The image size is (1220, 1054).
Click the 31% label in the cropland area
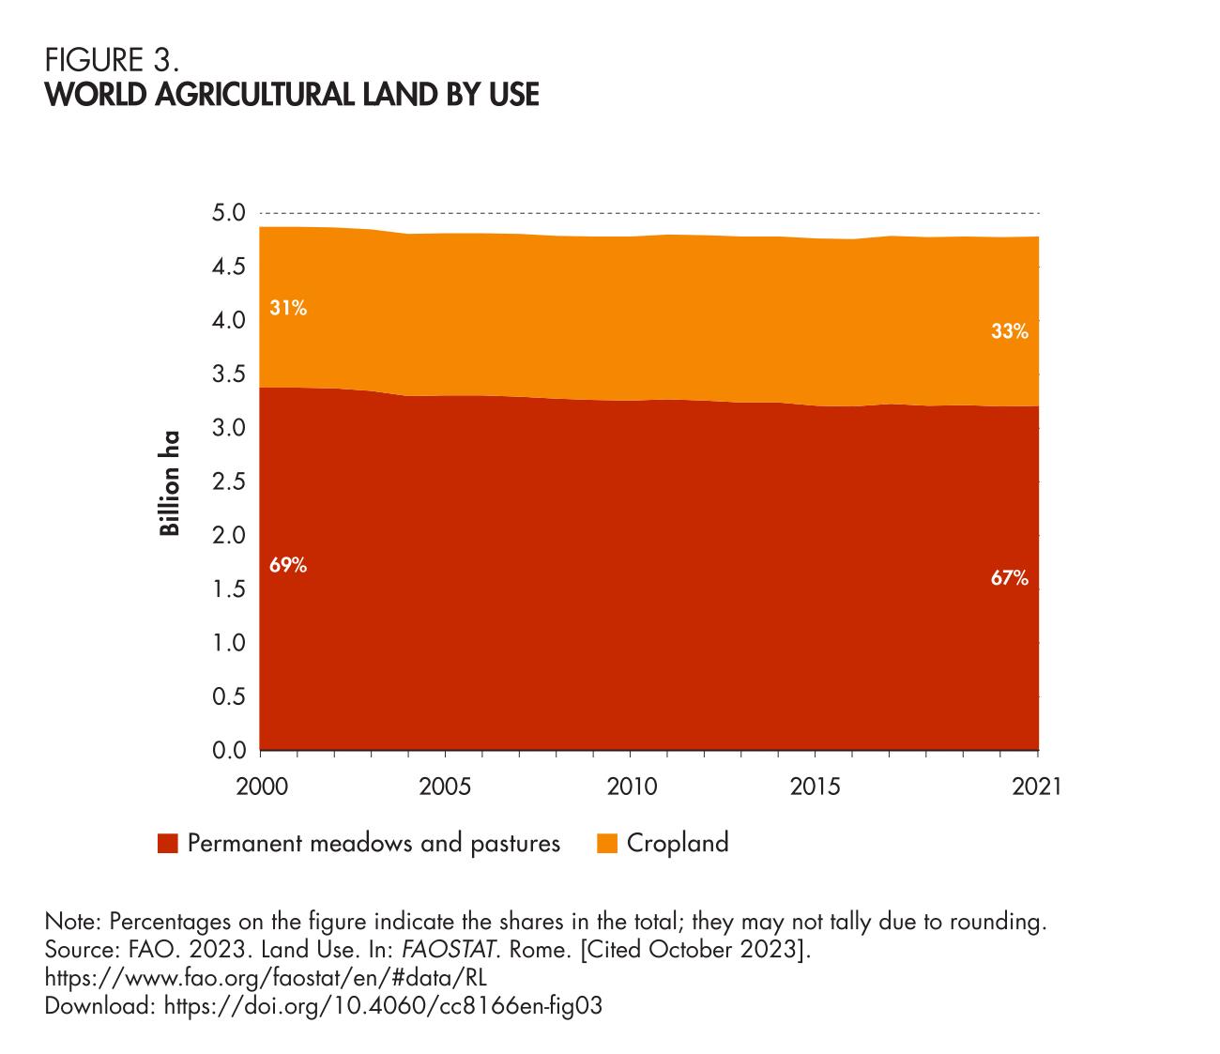(288, 308)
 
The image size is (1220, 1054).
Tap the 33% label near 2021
(1010, 331)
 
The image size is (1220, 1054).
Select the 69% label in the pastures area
(288, 565)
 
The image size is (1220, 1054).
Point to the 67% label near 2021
(1010, 579)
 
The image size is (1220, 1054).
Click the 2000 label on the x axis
(260, 787)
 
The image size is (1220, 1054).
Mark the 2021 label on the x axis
(1037, 787)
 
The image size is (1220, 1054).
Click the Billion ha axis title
(169, 482)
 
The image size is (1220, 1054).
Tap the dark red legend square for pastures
(168, 844)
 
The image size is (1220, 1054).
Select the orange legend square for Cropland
(607, 844)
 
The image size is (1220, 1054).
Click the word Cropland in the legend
(678, 843)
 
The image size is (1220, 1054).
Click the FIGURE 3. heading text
(112, 62)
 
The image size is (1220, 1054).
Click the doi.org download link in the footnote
(382, 1006)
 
